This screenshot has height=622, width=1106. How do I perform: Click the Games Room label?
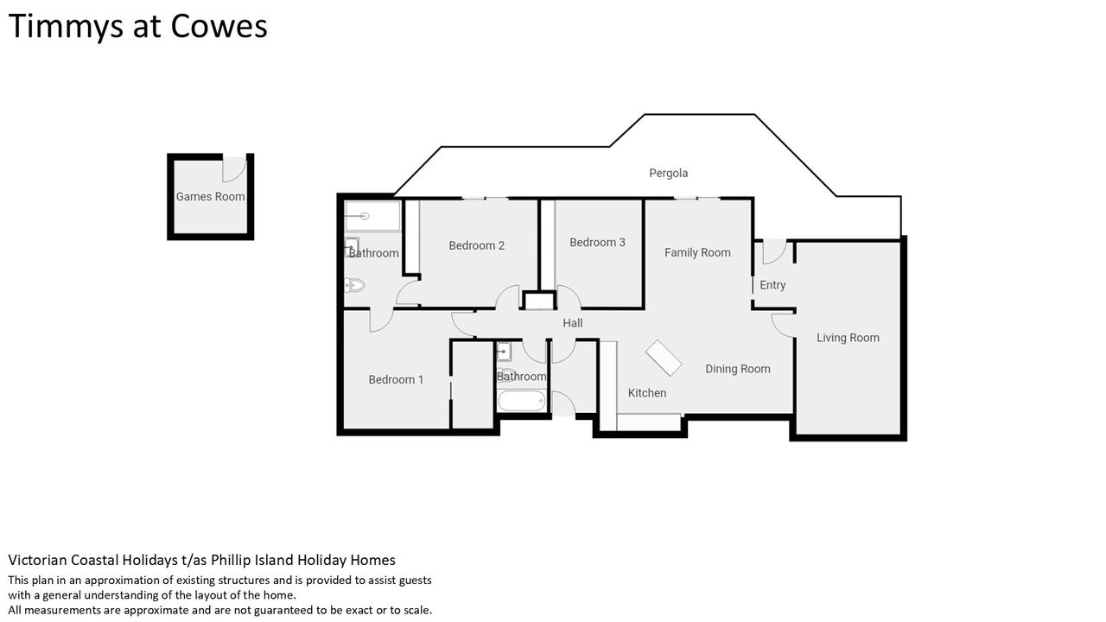click(x=210, y=196)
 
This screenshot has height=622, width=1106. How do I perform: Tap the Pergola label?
click(x=668, y=174)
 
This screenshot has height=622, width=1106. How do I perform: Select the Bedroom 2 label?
click(x=476, y=245)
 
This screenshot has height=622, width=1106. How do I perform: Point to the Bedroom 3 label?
click(x=597, y=243)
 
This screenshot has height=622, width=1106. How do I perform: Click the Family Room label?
click(x=697, y=253)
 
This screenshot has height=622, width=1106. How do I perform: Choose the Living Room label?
click(x=848, y=338)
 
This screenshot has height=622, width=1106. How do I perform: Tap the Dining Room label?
click(x=738, y=369)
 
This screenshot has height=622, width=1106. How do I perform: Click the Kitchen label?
click(x=647, y=393)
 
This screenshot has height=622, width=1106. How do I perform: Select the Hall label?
click(x=573, y=323)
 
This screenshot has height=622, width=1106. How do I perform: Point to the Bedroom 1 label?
click(x=396, y=379)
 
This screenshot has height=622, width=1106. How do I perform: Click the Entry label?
click(x=772, y=285)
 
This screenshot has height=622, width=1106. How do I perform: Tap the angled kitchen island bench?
click(x=664, y=358)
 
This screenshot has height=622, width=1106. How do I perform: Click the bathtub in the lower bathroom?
click(x=521, y=401)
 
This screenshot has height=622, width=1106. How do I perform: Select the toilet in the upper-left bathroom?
click(x=354, y=285)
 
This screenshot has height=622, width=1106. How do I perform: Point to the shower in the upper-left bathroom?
click(x=372, y=216)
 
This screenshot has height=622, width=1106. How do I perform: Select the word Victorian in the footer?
click(x=38, y=560)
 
